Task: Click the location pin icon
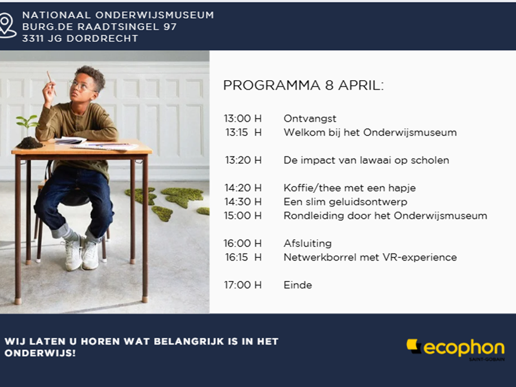pos(7,25)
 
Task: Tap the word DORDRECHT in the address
pos(102,38)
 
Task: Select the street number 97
pos(170,27)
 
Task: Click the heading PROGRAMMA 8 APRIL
pos(303,85)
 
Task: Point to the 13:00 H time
pos(243,118)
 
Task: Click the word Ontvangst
pos(310,118)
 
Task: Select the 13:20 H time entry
pos(243,160)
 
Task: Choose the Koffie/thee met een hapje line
pos(350,188)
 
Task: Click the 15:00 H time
pos(243,216)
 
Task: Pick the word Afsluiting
pos(307,243)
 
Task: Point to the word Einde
pos(298,285)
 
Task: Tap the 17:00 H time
pos(243,285)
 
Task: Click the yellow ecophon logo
pos(456,349)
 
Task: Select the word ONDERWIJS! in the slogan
pos(40,353)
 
